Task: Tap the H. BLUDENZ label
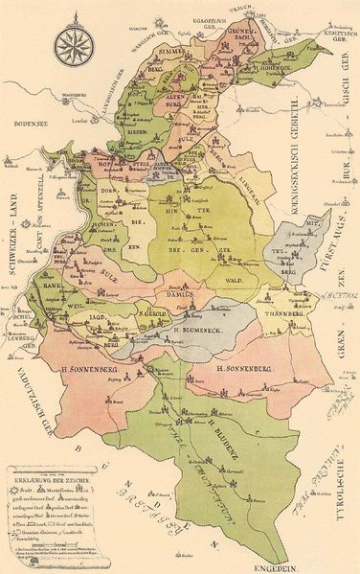(x=217, y=420)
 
